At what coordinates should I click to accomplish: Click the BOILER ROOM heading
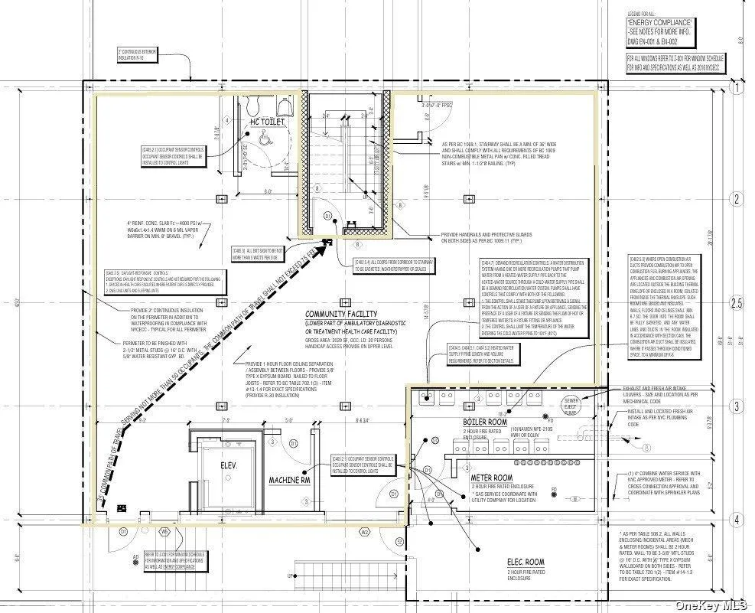(x=485, y=422)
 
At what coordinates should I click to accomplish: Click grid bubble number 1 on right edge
(x=737, y=89)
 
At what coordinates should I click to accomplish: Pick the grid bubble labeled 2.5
(x=737, y=304)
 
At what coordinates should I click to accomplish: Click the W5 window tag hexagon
(x=164, y=531)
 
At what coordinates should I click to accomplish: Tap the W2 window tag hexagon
(x=365, y=531)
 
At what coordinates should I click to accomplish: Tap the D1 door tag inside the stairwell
(x=328, y=217)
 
